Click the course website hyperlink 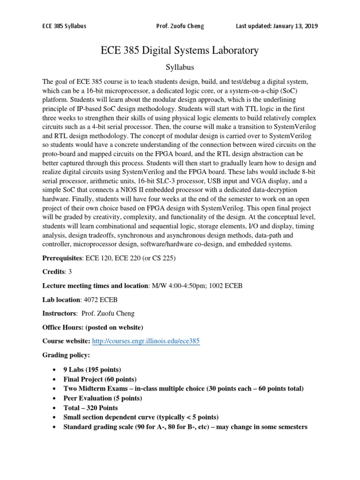coord(146,341)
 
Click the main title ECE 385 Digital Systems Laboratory coord(180,50)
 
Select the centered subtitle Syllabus coord(180,67)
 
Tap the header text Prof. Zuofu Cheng coord(180,26)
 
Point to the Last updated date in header coord(277,26)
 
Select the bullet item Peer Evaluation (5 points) coord(103,398)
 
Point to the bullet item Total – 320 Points coord(90,408)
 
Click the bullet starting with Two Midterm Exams coord(183,389)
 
